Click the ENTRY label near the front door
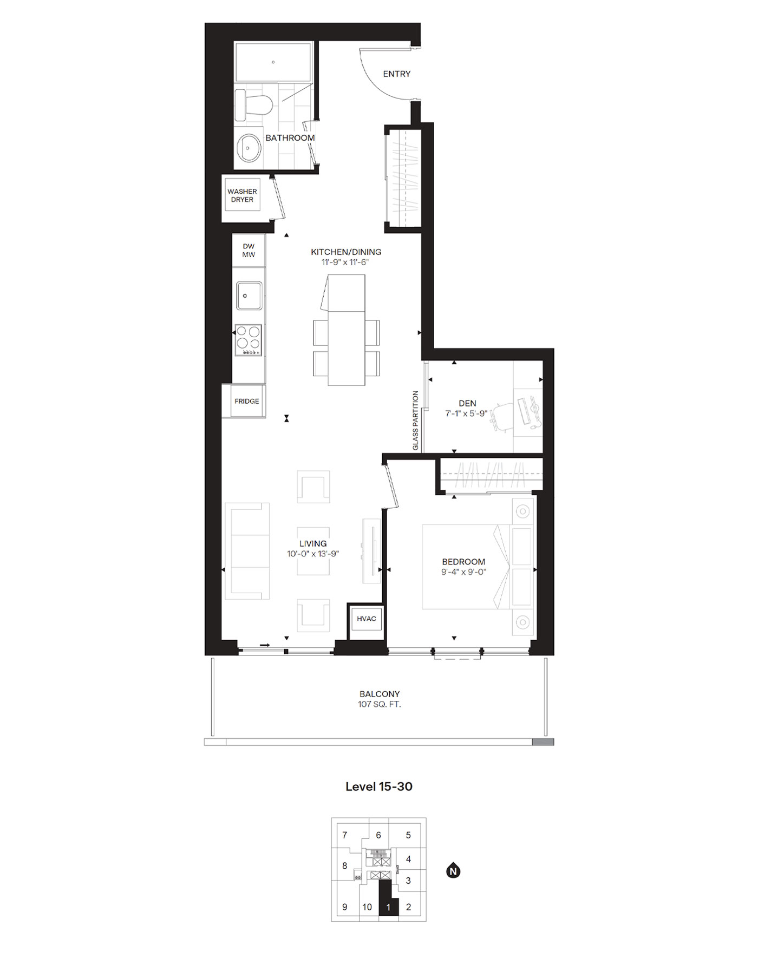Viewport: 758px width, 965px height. (x=396, y=74)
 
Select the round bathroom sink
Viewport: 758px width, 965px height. (x=250, y=147)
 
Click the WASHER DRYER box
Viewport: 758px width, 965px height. (x=242, y=195)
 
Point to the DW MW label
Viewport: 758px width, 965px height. (x=249, y=251)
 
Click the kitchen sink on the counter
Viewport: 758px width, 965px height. (x=249, y=296)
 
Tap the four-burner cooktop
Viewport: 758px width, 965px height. (x=249, y=340)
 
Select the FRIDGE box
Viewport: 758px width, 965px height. (x=246, y=402)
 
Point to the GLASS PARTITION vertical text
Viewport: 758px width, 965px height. (x=416, y=421)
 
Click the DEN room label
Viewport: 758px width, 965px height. (x=467, y=403)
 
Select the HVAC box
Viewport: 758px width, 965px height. (x=366, y=619)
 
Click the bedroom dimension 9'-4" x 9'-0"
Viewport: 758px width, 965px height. (x=463, y=572)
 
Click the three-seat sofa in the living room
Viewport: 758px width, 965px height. (x=247, y=551)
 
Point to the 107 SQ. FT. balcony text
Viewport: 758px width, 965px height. (x=379, y=705)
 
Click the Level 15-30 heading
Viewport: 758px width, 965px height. (x=379, y=786)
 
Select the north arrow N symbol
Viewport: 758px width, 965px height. (x=453, y=872)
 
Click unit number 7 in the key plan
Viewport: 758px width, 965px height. (x=345, y=836)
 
